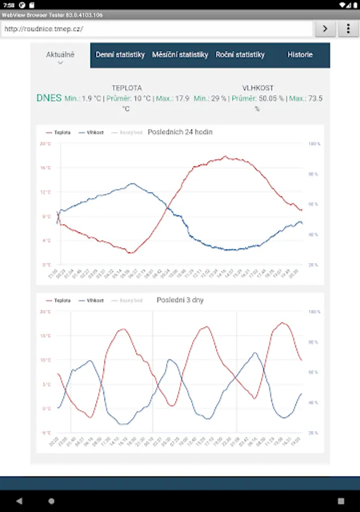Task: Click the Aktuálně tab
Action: click(x=60, y=55)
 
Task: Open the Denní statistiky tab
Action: click(x=120, y=55)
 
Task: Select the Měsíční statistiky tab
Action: click(x=180, y=55)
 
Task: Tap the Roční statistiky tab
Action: click(x=240, y=55)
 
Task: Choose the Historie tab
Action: click(x=300, y=55)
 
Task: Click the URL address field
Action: click(x=156, y=28)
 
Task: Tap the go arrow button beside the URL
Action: click(x=325, y=28)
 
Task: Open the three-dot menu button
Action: click(x=347, y=28)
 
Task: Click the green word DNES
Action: click(x=49, y=98)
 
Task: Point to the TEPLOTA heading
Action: click(x=127, y=88)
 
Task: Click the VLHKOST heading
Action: click(x=258, y=88)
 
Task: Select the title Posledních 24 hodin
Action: click(x=180, y=132)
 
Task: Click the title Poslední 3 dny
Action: click(x=180, y=300)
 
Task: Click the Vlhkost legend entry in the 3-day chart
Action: click(x=92, y=300)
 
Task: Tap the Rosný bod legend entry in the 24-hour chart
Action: click(x=127, y=133)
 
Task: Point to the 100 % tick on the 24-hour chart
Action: click(x=314, y=144)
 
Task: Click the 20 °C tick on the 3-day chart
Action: click(x=45, y=312)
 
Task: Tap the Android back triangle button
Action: click(x=19, y=501)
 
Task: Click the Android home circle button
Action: click(x=51, y=501)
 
